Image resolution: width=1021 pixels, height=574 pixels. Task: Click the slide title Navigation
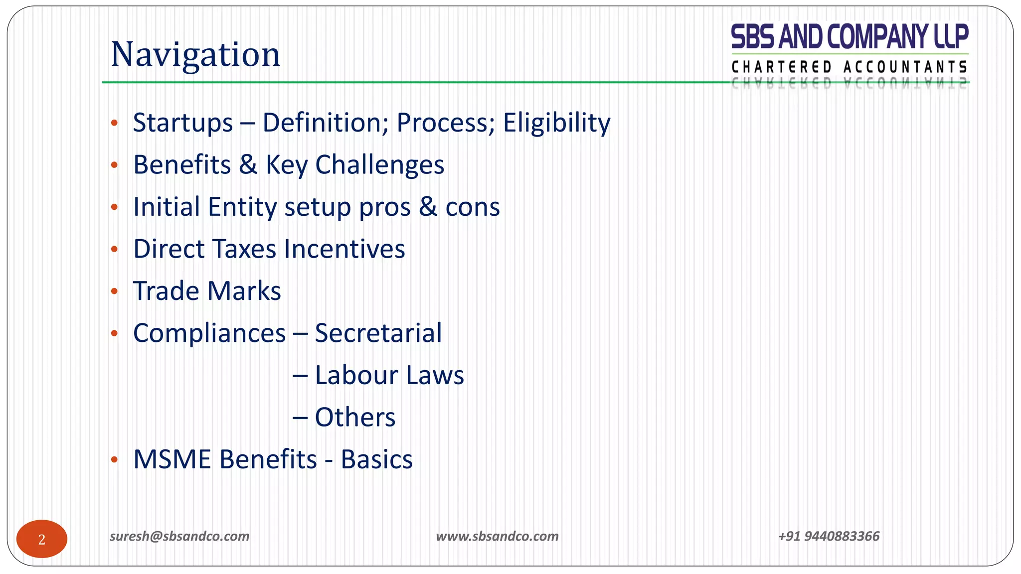tap(195, 54)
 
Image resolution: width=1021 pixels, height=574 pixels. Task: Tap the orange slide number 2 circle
tap(42, 539)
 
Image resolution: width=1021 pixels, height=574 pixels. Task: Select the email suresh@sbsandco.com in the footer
tap(179, 536)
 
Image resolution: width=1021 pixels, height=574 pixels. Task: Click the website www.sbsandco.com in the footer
tap(497, 536)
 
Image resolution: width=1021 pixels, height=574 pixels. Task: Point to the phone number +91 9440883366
tap(829, 536)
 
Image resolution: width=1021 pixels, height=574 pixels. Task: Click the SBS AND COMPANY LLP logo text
tap(850, 37)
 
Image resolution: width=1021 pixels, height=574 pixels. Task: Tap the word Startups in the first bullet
tap(182, 123)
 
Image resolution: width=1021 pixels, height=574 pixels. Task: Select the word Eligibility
tap(556, 123)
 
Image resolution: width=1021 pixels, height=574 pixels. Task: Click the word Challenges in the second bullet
tap(379, 165)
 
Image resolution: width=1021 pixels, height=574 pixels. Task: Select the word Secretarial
tap(378, 333)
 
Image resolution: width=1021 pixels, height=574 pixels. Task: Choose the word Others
tap(355, 417)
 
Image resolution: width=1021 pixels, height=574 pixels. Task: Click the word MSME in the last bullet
tap(171, 459)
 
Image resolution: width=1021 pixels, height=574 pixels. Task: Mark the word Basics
tap(376, 459)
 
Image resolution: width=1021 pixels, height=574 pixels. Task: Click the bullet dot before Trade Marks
tap(114, 291)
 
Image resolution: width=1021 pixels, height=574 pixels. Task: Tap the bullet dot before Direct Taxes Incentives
tap(114, 249)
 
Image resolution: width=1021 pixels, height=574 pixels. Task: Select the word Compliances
tap(209, 333)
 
